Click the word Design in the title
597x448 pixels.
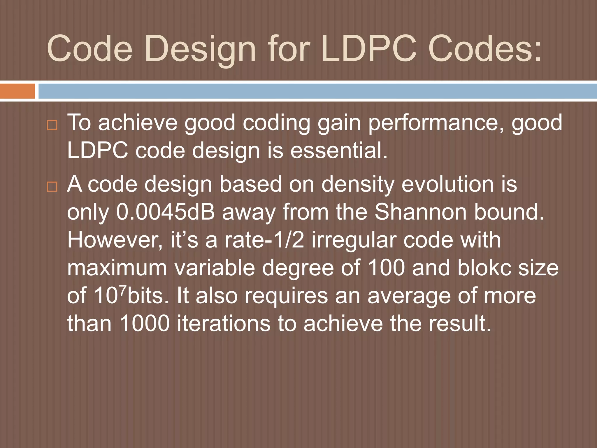coord(200,49)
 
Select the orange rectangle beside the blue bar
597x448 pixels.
coord(17,91)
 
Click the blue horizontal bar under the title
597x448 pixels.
coord(317,91)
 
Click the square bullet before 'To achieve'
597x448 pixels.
coord(52,125)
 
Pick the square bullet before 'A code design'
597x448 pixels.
coord(52,187)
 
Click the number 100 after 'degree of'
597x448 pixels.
coord(386,267)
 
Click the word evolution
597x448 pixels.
coord(447,184)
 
